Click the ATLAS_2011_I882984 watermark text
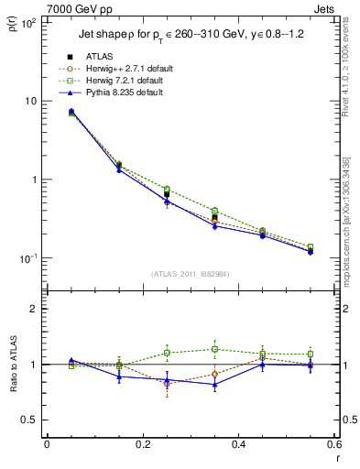pos(191,274)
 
